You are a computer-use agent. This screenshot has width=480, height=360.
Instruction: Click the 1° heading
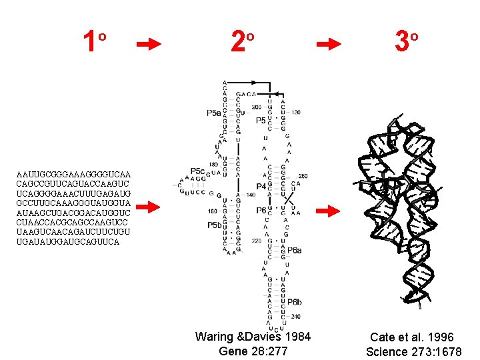pos(93,43)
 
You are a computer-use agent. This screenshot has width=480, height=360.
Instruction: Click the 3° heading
pos(405,43)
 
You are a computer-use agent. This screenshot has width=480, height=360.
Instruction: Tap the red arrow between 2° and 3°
pos(328,45)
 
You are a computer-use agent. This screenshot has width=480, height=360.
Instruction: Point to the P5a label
pos(213,113)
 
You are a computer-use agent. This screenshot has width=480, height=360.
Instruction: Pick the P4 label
pos(262,187)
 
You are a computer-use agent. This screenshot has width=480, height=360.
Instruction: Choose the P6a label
pos(295,250)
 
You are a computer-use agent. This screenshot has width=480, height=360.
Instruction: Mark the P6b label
pos(295,302)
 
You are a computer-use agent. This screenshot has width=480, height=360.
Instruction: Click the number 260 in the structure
pos(303,176)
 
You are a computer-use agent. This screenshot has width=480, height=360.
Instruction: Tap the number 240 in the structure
pos(295,317)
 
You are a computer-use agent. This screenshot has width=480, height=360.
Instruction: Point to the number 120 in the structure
pos(296,112)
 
